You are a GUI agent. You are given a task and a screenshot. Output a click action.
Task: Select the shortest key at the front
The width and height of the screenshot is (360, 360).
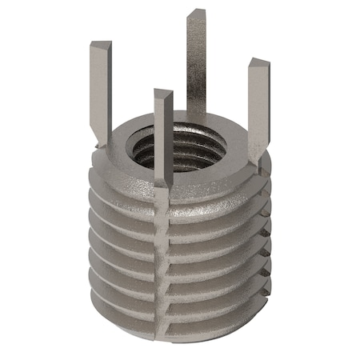pyautogui.click(x=163, y=136)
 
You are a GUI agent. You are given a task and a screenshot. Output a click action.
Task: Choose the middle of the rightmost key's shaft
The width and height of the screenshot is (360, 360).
pyautogui.click(x=258, y=108)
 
